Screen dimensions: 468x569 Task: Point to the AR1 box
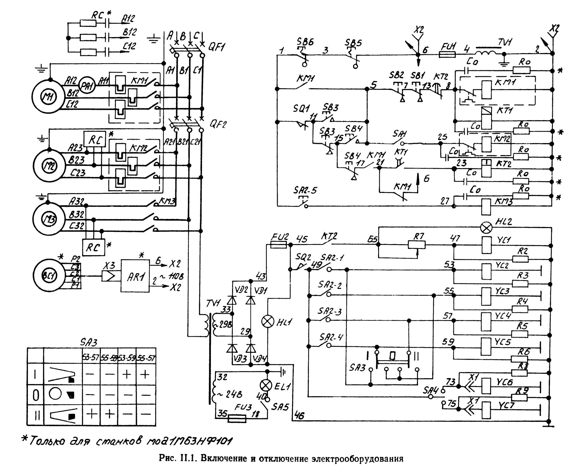[135, 276]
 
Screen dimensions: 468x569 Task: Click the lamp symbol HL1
[267, 321]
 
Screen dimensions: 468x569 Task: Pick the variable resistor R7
[417, 244]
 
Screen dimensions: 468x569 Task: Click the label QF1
[217, 47]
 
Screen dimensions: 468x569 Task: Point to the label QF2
[218, 124]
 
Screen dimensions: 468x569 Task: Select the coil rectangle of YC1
[486, 245]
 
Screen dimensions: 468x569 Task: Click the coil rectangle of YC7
[486, 410]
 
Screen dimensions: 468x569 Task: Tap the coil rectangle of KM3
[486, 206]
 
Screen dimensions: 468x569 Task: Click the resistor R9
[519, 397]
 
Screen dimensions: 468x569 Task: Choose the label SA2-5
[305, 190]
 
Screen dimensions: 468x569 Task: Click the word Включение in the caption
[224, 459]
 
